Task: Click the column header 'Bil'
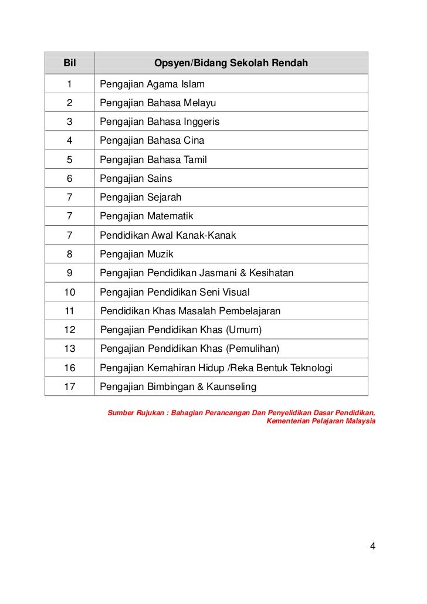70,63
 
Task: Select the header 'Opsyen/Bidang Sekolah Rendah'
231,63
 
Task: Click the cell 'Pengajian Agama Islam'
152,84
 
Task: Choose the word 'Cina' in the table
194,141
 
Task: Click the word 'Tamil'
195,160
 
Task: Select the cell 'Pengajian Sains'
136,178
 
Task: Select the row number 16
70,368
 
